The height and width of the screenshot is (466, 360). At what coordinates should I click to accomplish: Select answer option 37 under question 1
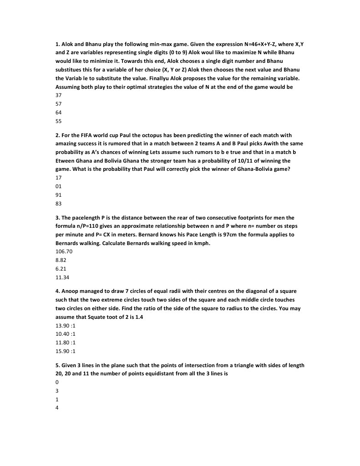59,96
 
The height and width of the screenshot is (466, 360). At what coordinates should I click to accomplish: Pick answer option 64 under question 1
59,113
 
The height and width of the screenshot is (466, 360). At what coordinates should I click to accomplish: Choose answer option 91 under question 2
59,195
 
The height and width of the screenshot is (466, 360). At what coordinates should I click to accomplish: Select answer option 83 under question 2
59,204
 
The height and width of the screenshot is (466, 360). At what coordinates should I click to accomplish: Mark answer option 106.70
64,251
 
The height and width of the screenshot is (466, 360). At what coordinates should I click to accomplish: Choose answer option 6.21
61,269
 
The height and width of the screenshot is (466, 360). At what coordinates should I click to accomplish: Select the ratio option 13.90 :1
66,325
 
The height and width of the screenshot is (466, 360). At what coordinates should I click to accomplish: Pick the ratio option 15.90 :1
66,351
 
